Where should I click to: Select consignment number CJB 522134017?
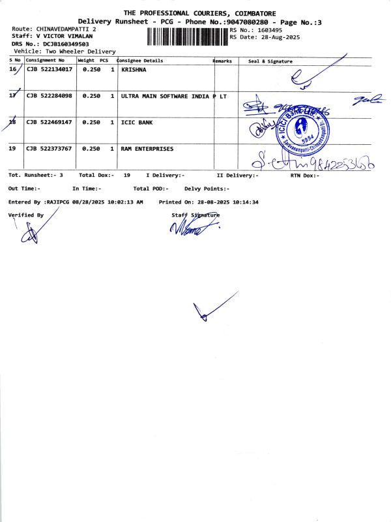pos(49,69)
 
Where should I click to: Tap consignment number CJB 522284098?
pos(49,96)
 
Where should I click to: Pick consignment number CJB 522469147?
pos(49,122)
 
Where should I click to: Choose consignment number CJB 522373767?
pos(49,149)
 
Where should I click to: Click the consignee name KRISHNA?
pos(134,69)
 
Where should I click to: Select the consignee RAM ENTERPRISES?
pos(147,149)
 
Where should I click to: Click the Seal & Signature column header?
pos(270,61)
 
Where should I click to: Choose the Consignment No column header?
pos(45,60)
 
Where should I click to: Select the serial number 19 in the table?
pos(12,149)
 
